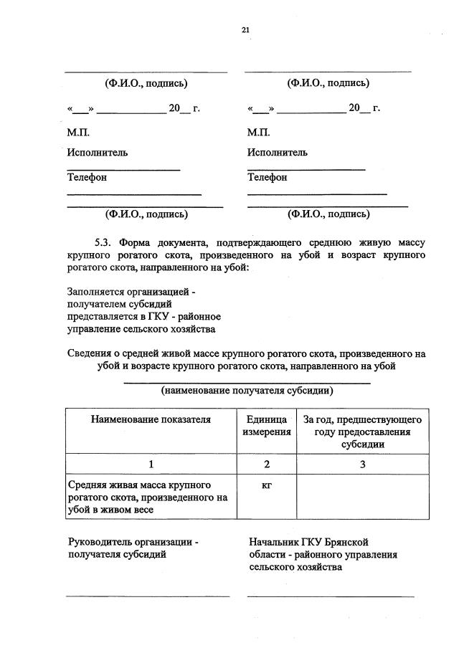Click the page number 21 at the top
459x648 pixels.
click(245, 29)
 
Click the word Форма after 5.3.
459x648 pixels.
click(136, 242)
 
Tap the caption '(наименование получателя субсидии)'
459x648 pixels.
click(247, 391)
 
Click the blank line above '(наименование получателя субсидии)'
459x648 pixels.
click(247, 383)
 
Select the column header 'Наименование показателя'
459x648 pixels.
click(151, 419)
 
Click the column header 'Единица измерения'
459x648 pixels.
click(267, 426)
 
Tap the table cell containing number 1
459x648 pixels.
click(151, 464)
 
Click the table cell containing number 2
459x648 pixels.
click(267, 464)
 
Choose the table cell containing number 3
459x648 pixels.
click(362, 464)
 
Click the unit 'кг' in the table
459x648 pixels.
click(267, 485)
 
